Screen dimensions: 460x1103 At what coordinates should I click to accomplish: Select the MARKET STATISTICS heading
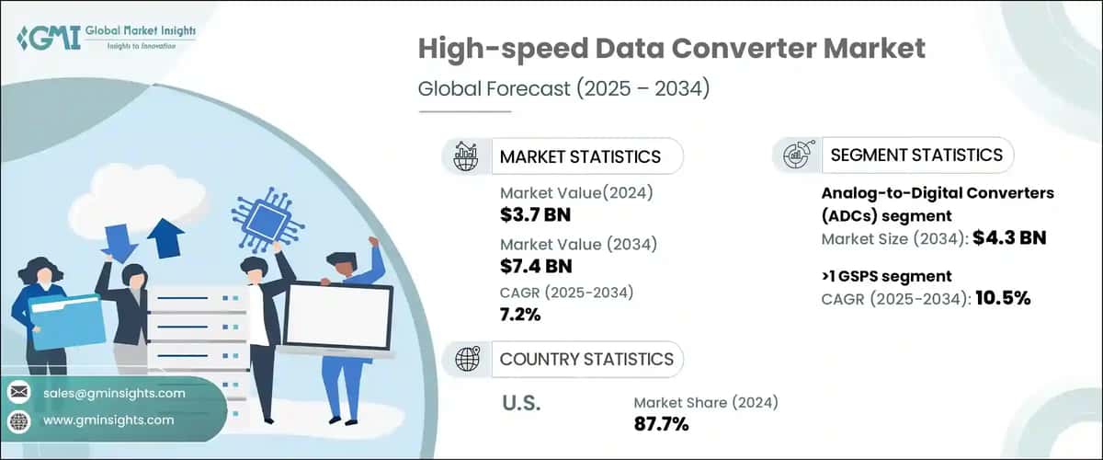click(x=580, y=156)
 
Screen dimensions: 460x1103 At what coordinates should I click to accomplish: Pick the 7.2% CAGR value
click(x=520, y=315)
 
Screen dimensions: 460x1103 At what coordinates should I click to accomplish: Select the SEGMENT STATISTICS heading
click(x=915, y=155)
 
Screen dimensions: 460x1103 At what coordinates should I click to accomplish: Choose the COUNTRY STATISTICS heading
click(x=586, y=359)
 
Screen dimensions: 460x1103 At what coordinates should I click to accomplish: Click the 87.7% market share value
click(x=661, y=423)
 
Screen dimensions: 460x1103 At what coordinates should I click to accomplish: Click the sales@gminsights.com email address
click(x=115, y=393)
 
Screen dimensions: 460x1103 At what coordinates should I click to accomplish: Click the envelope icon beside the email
click(x=18, y=393)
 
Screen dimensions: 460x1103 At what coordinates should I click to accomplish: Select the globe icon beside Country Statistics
click(x=466, y=359)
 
